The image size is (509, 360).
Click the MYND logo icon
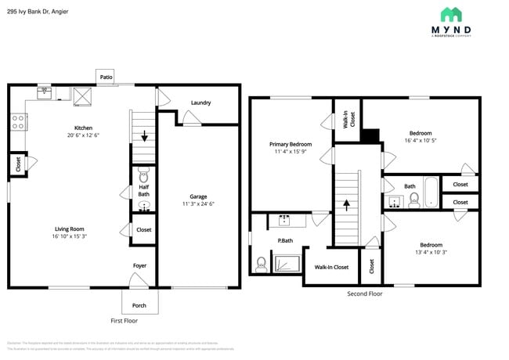point(451,15)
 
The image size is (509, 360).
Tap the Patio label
point(106,77)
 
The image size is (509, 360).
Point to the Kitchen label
point(83,128)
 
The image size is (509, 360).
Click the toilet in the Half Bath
point(143,171)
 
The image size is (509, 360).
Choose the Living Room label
point(69,229)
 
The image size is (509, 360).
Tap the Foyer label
point(139,266)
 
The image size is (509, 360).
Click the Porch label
point(139,305)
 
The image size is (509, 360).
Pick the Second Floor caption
point(365,293)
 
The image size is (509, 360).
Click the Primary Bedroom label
point(291,144)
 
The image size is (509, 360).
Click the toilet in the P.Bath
point(260,264)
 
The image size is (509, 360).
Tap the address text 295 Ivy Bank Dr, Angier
point(37,12)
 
